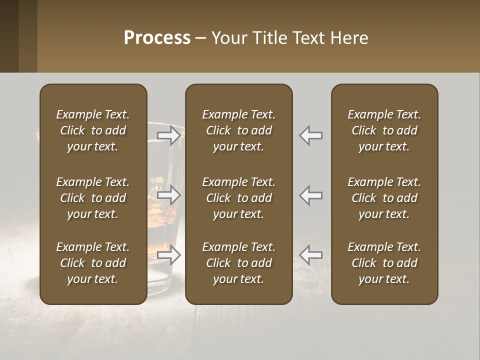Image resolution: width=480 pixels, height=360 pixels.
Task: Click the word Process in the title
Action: (x=157, y=38)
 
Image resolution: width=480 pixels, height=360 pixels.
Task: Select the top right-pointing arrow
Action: (x=169, y=135)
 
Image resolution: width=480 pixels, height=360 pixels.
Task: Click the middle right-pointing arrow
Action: (x=169, y=195)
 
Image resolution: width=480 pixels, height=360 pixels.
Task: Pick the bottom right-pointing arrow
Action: (x=169, y=255)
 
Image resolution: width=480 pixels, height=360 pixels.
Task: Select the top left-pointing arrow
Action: (x=311, y=135)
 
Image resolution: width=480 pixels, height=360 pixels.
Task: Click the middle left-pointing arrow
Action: (x=311, y=195)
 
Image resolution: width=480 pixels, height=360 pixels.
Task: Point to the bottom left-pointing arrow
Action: (x=311, y=255)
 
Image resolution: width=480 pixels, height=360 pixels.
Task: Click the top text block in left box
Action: (x=93, y=130)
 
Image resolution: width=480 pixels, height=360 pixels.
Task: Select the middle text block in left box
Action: (x=93, y=198)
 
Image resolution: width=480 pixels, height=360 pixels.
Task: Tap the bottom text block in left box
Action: (x=93, y=263)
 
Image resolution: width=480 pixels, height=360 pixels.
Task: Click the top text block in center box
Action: (x=238, y=130)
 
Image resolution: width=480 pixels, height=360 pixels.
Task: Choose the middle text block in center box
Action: (x=238, y=198)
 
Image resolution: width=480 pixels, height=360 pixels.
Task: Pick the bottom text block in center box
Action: (x=238, y=263)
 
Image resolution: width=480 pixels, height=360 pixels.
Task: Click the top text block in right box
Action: (x=384, y=130)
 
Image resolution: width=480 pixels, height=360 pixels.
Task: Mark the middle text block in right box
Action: (x=384, y=198)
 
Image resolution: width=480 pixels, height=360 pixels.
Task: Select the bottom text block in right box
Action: (x=384, y=263)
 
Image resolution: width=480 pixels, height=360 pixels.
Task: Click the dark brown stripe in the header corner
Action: (x=9, y=36)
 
